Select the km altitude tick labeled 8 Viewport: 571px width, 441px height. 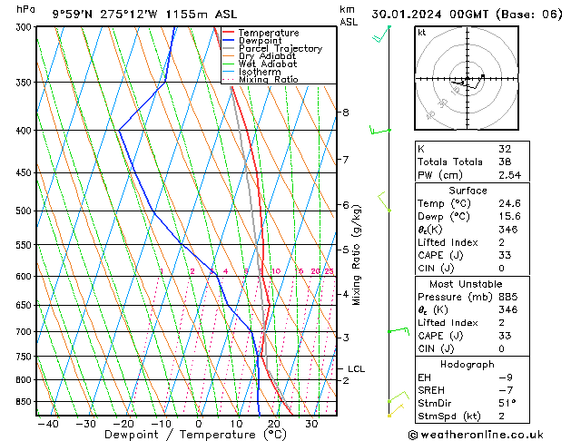[345, 113]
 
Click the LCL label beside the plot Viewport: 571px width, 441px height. [356, 369]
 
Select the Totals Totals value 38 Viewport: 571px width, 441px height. [505, 162]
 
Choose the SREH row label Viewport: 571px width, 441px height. [432, 390]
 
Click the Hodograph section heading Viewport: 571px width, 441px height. [468, 364]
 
